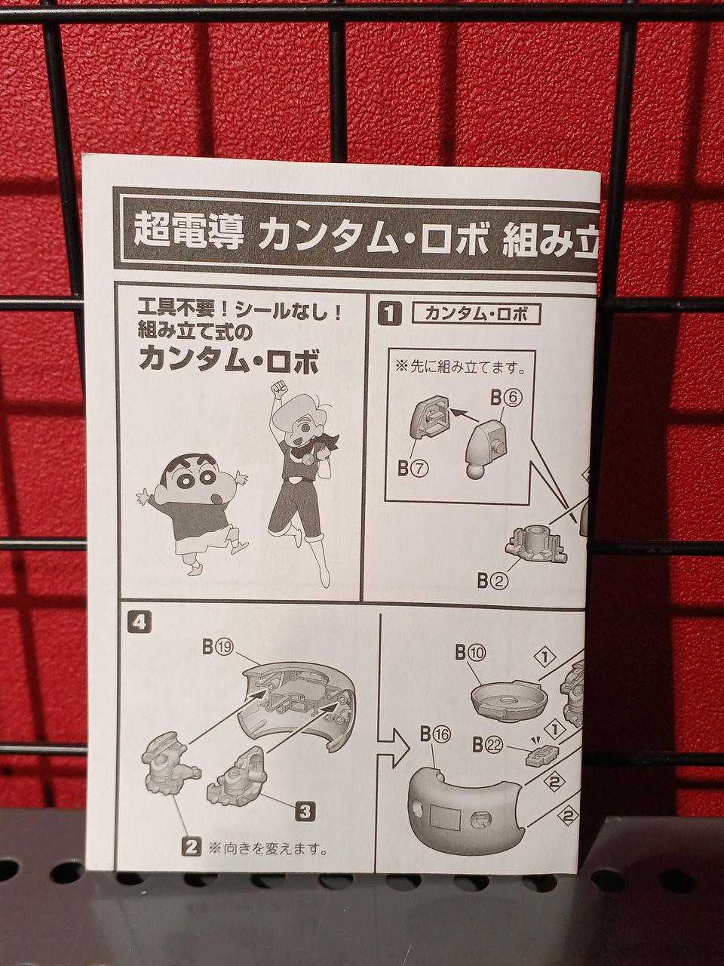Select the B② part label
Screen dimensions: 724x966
tap(492, 581)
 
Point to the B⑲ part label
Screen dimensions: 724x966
tap(219, 647)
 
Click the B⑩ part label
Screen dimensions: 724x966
tap(471, 653)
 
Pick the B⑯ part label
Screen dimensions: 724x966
tap(435, 734)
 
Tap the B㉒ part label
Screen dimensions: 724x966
tap(488, 745)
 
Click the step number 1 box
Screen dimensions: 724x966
tap(390, 315)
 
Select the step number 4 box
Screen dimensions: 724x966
tap(139, 624)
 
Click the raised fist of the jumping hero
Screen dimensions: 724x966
tap(278, 388)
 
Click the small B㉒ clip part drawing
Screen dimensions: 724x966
tap(542, 755)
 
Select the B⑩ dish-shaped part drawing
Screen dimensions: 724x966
tap(505, 700)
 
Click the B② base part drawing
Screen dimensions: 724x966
tap(535, 546)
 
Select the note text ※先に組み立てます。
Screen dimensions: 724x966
tap(460, 367)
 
